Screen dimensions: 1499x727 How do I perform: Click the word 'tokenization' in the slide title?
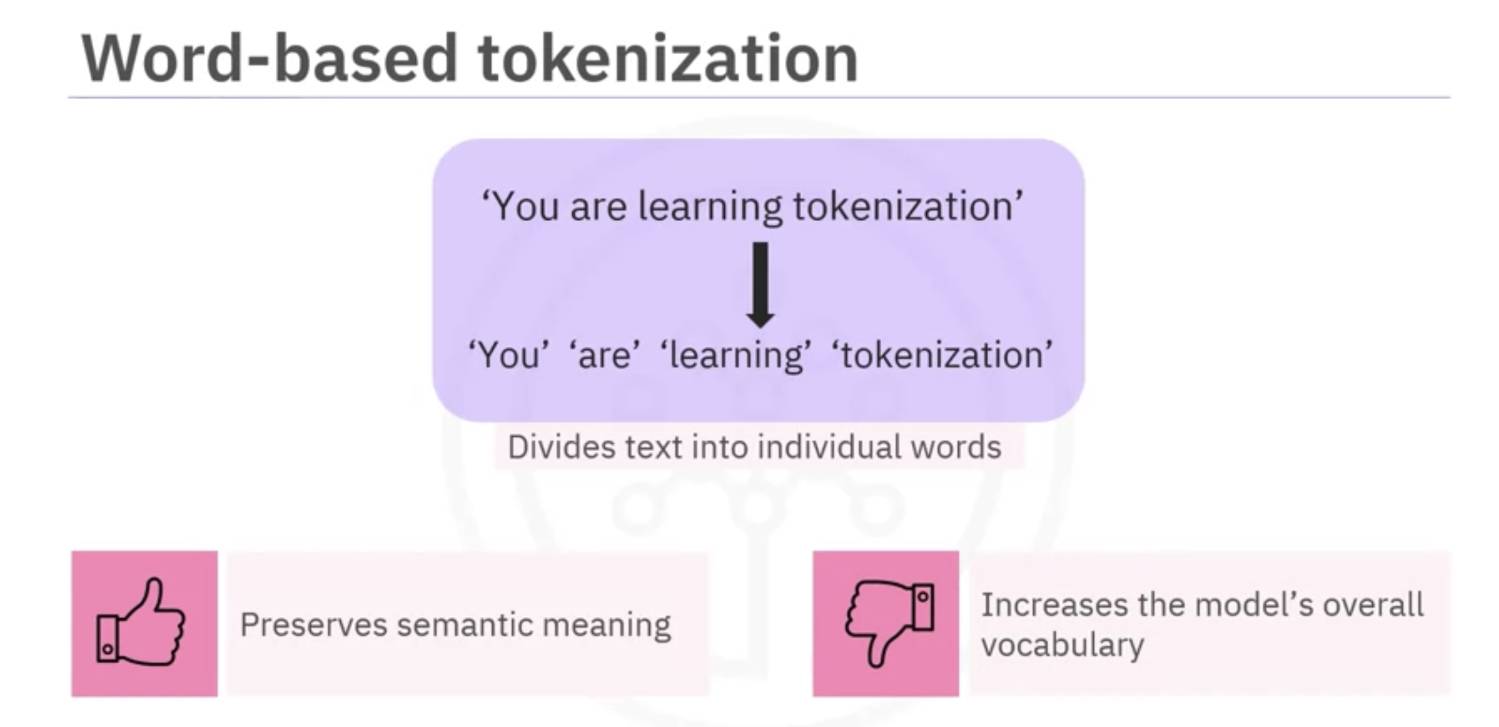click(668, 58)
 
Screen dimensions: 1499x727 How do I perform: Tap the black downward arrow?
click(760, 285)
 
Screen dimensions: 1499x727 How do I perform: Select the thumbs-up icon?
click(141, 622)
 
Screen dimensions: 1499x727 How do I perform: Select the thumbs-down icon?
click(890, 623)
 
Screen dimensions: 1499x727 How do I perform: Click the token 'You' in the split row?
click(508, 354)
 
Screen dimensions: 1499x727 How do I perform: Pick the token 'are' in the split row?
click(604, 354)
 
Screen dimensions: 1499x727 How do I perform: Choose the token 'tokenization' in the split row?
click(942, 354)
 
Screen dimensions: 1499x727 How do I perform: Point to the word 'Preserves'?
click(314, 625)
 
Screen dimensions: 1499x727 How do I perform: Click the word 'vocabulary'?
click(1063, 646)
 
